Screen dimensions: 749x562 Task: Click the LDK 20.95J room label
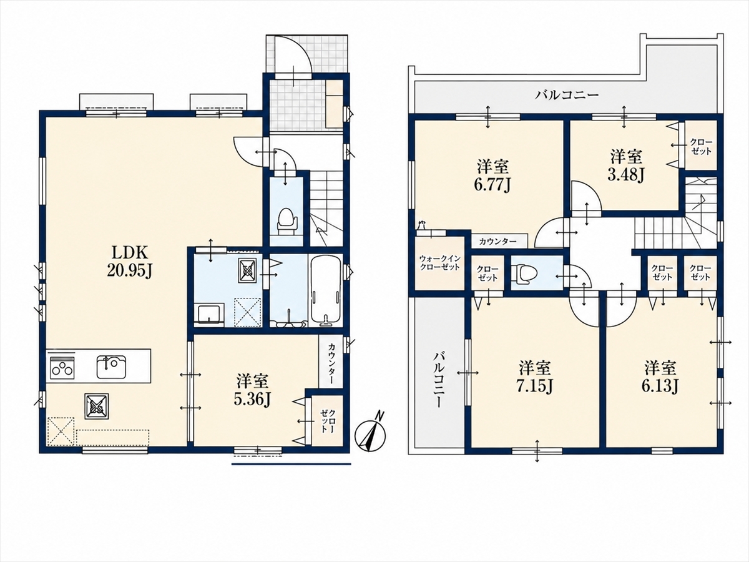(129, 262)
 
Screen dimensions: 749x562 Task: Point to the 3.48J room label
(626, 167)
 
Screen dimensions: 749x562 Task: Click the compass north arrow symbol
(371, 435)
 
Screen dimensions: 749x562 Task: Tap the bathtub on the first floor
(326, 289)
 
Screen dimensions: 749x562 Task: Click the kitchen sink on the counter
(111, 366)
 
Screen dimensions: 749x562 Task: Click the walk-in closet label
(440, 263)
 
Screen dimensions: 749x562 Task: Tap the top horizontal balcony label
(567, 94)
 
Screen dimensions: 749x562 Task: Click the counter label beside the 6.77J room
(498, 242)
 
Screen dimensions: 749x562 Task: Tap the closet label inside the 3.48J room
(701, 146)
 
